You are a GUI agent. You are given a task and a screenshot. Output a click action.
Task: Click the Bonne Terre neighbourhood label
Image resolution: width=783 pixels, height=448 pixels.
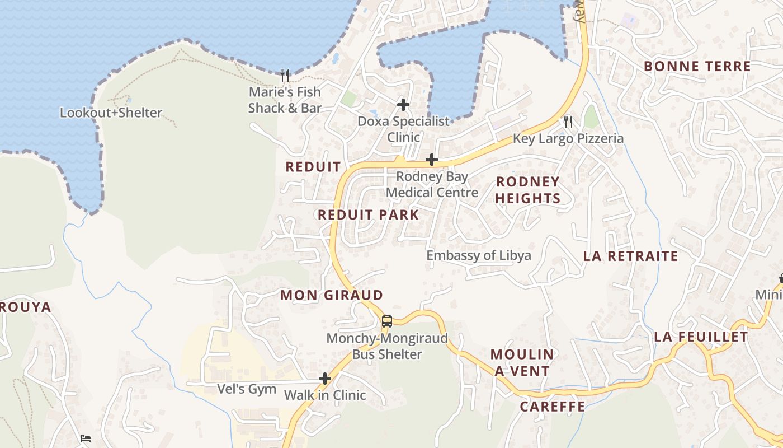tap(697, 66)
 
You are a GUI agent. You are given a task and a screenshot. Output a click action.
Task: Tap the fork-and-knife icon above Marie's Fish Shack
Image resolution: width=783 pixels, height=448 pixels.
tap(285, 76)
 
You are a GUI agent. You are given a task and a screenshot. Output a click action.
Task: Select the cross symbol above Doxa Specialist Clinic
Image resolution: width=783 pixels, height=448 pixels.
tap(403, 105)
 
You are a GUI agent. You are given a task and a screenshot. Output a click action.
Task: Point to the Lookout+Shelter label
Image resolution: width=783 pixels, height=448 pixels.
tap(111, 113)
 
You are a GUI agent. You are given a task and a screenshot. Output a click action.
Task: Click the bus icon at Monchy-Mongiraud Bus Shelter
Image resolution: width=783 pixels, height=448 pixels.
tap(387, 321)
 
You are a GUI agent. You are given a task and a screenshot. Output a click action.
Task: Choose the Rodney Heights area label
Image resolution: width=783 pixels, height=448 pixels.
tap(527, 190)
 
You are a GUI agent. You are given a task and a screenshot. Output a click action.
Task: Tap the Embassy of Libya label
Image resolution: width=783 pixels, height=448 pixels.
tap(478, 256)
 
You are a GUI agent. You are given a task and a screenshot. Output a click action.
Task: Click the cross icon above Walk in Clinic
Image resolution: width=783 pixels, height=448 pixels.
tap(325, 379)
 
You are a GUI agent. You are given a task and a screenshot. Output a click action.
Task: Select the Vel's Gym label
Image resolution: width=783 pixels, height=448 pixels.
tap(247, 389)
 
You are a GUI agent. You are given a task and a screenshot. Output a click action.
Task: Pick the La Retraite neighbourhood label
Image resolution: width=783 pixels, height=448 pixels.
tap(630, 256)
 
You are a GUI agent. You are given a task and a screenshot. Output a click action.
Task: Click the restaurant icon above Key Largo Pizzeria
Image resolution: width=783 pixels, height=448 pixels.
tap(568, 122)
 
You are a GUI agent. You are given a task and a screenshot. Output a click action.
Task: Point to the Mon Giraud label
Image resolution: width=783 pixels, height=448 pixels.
tap(332, 295)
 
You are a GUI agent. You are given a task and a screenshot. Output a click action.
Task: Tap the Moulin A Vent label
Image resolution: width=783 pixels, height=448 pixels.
tap(522, 362)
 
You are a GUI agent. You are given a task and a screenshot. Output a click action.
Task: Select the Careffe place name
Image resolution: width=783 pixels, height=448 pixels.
tap(553, 407)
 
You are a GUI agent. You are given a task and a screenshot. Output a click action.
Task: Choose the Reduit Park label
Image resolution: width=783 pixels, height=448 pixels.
tap(368, 215)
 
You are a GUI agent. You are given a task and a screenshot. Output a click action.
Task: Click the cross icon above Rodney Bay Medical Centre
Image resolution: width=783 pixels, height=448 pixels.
tap(431, 160)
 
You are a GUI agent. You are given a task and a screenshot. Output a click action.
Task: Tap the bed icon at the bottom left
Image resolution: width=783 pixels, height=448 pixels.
tap(85, 438)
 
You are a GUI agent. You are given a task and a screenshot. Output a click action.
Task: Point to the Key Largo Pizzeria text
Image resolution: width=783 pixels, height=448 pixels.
tap(568, 139)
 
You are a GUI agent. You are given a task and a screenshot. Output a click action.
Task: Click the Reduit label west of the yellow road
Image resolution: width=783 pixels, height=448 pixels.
tap(313, 167)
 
